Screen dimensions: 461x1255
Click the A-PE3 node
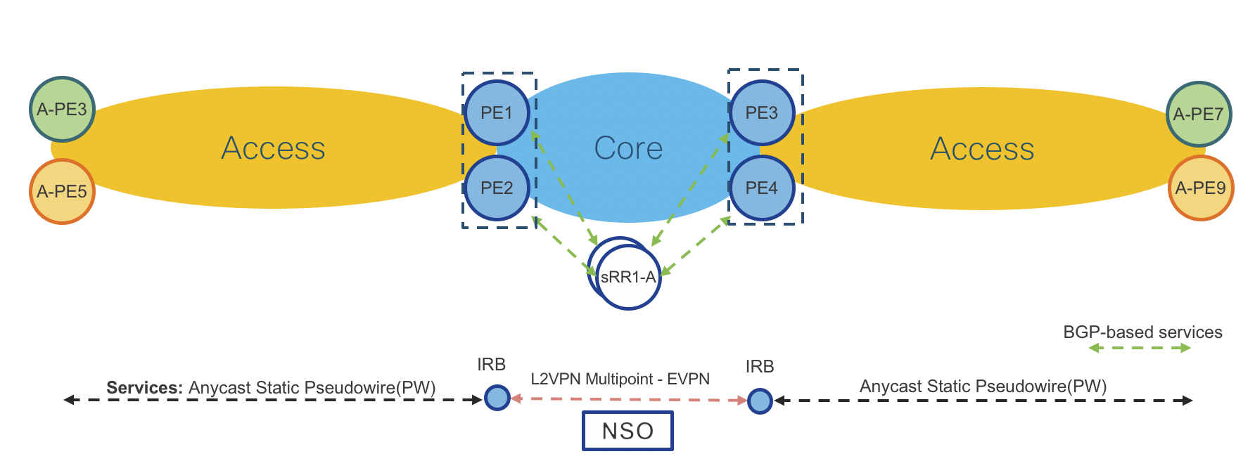[62, 110]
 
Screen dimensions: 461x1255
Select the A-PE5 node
[62, 191]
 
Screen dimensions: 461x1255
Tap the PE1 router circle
[497, 113]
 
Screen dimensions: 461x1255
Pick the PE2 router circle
[497, 188]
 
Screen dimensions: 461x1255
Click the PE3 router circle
[762, 113]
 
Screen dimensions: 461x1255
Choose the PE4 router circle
[762, 188]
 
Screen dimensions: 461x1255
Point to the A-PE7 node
[1199, 114]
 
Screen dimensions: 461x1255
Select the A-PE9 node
[1200, 188]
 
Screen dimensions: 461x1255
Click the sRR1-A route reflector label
[627, 278]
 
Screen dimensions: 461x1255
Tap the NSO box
[627, 431]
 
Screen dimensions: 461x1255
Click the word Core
[628, 148]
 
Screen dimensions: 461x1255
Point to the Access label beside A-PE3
[273, 148]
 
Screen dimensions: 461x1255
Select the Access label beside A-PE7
[982, 149]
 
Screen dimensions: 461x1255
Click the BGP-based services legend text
[1142, 332]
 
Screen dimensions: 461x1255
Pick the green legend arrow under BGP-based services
[1139, 348]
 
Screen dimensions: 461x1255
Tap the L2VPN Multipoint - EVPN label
[620, 379]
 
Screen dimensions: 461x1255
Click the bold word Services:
[144, 388]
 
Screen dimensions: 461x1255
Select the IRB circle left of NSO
[497, 398]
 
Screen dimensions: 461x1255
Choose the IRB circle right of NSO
[760, 401]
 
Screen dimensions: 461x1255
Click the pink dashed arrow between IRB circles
[628, 399]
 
